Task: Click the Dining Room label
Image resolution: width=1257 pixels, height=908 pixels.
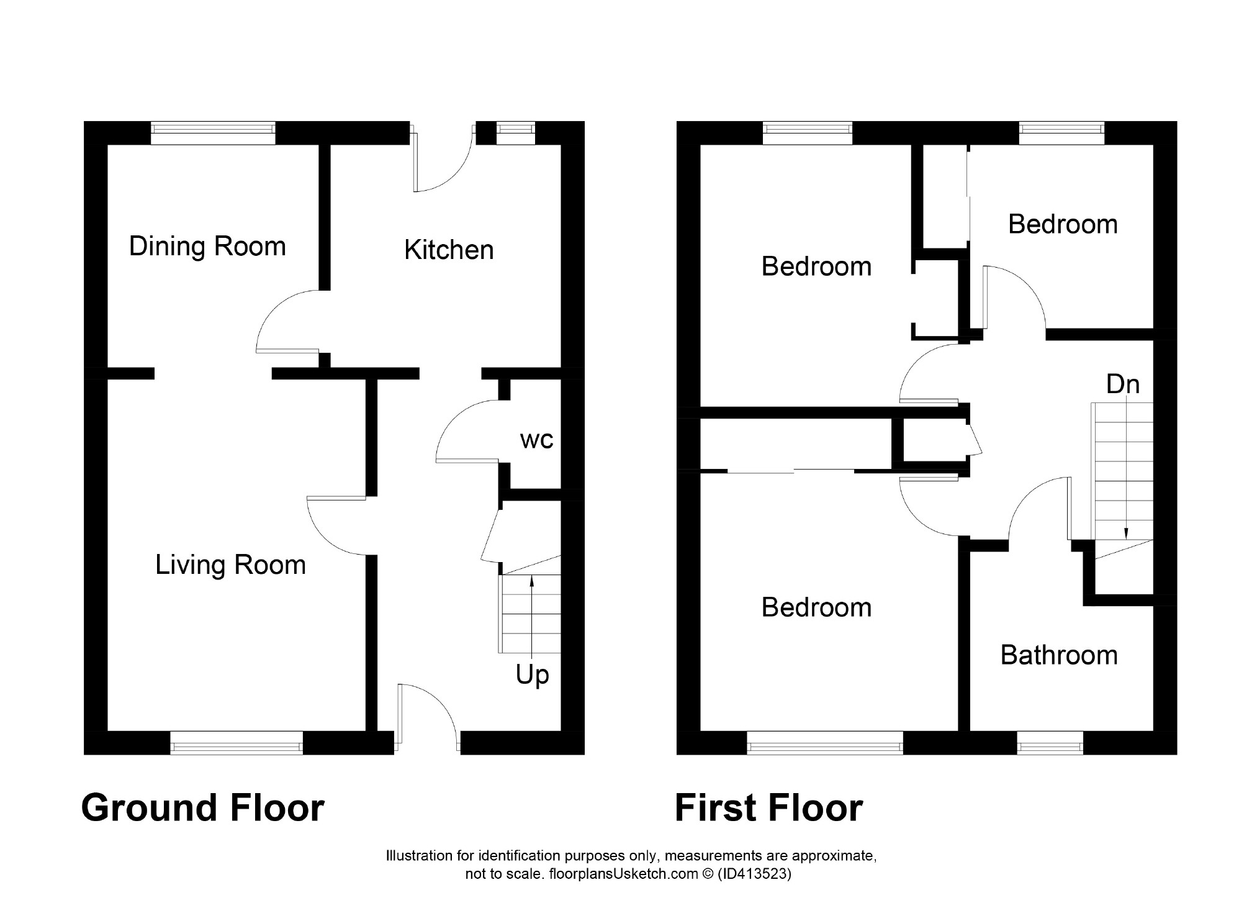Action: click(207, 247)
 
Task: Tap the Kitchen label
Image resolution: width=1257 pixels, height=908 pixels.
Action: click(449, 250)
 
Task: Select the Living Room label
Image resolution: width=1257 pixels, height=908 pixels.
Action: click(230, 565)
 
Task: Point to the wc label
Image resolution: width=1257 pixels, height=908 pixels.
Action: click(537, 440)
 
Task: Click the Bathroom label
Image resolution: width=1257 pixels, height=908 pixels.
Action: click(1059, 655)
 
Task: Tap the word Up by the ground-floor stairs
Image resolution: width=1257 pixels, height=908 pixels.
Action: click(533, 675)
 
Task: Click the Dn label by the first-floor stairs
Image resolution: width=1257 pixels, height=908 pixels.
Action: click(1123, 384)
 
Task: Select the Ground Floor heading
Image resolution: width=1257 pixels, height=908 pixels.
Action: click(203, 808)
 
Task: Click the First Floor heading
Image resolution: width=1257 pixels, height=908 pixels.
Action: click(768, 808)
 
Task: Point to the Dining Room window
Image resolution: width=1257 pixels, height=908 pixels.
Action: click(213, 133)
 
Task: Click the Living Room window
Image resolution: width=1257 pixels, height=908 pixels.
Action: click(237, 743)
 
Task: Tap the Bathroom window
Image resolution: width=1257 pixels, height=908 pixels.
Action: click(1050, 743)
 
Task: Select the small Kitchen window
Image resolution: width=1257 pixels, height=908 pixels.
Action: click(516, 133)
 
